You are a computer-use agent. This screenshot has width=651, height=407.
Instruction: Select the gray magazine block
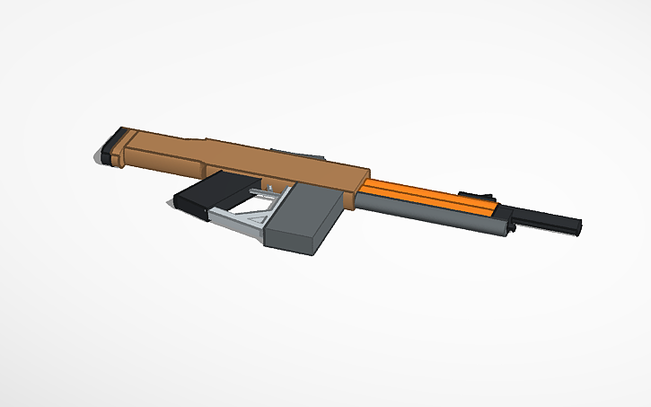click(x=301, y=220)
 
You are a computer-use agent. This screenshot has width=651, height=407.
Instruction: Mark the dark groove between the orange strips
click(x=431, y=199)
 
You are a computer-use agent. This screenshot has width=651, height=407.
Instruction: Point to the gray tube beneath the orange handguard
click(x=422, y=217)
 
